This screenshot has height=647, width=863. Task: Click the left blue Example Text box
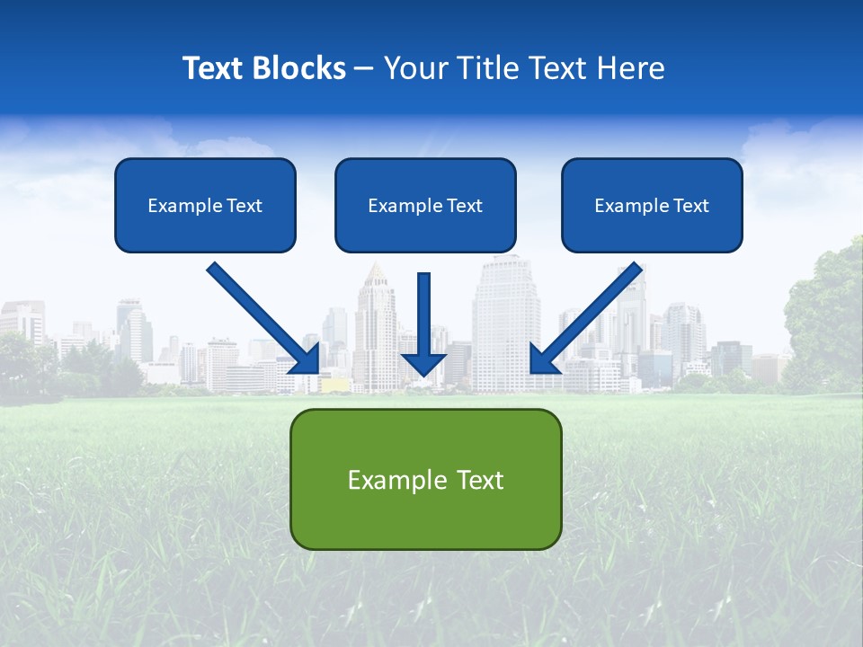point(205,205)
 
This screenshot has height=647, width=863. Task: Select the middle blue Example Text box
point(425,205)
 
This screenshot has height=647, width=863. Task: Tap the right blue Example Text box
point(652,205)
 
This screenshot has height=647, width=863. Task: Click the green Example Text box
point(425,479)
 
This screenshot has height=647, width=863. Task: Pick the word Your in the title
point(412,68)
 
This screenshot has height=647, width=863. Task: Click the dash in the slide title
point(364,68)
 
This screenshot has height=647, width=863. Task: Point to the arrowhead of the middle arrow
point(423,364)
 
